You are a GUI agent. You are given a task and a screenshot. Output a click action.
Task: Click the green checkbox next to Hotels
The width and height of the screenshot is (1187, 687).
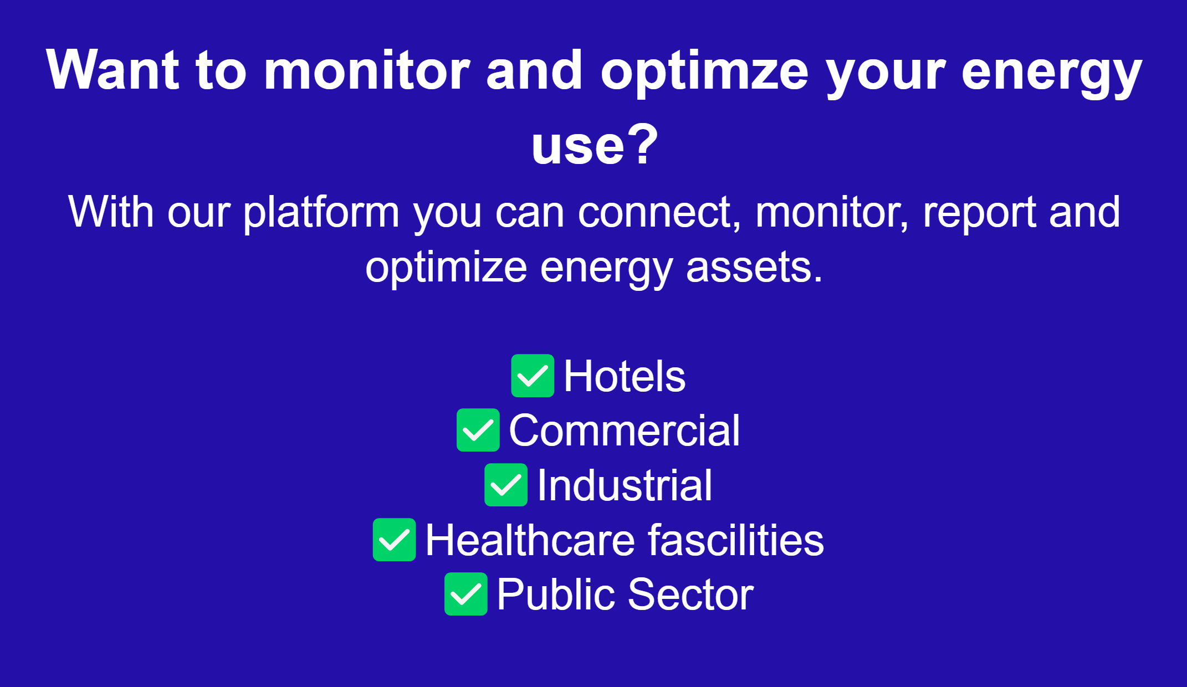pyautogui.click(x=533, y=376)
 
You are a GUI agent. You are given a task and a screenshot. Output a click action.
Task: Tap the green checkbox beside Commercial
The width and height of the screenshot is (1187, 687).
pyautogui.click(x=478, y=430)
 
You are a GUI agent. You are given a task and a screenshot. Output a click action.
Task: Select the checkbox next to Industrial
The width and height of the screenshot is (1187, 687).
pyautogui.click(x=506, y=485)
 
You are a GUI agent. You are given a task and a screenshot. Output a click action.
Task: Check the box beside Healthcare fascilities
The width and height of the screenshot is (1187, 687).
pyautogui.click(x=394, y=540)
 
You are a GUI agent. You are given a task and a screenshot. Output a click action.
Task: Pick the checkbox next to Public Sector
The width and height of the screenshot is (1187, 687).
pyautogui.click(x=466, y=594)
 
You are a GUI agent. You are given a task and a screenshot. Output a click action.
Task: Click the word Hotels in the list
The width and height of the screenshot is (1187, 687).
pyautogui.click(x=625, y=376)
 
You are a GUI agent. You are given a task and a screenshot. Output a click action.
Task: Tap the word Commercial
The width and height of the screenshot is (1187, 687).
pyautogui.click(x=624, y=430)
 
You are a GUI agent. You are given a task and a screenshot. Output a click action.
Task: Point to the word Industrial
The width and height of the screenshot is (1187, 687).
pyautogui.click(x=625, y=485)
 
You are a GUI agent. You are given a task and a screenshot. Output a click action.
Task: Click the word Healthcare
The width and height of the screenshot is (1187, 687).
pyautogui.click(x=530, y=540)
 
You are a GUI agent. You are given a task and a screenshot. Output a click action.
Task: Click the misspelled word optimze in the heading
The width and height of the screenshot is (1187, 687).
pyautogui.click(x=704, y=71)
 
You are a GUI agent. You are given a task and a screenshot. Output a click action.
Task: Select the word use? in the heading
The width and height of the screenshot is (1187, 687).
pyautogui.click(x=595, y=145)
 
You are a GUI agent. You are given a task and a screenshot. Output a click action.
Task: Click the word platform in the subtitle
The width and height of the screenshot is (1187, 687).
pyautogui.click(x=321, y=213)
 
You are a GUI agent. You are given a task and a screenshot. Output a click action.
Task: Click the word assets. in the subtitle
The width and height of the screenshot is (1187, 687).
pyautogui.click(x=754, y=268)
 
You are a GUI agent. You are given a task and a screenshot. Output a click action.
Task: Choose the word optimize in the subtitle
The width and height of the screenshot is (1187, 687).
pyautogui.click(x=446, y=268)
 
